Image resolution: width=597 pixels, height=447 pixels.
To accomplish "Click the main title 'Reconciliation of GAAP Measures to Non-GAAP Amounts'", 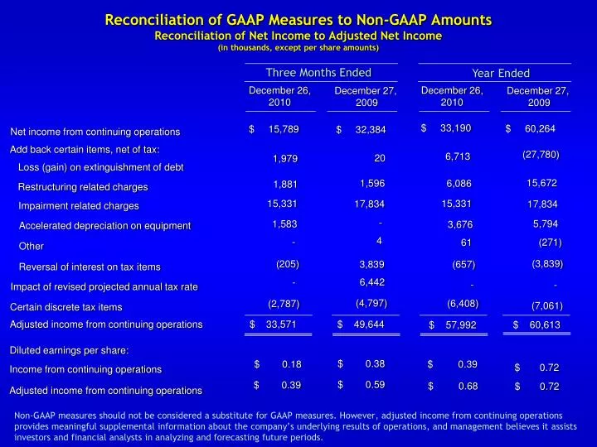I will pos(298,20).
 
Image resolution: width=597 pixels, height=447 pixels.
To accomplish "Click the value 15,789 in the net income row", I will pos(284,128).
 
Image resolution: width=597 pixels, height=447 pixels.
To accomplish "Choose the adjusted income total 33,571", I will pos(281,324).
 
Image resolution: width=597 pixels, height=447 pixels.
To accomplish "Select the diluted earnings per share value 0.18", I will pos(291,365).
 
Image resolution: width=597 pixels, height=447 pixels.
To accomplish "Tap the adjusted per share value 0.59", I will pos(376,384).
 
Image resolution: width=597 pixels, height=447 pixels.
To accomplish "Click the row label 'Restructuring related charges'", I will pos(83,187).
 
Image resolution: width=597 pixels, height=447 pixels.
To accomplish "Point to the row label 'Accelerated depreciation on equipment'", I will pos(104,226).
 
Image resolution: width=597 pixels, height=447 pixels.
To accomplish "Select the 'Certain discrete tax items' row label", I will pos(66,308).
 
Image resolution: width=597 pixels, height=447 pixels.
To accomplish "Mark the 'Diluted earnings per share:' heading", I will pos(69,350).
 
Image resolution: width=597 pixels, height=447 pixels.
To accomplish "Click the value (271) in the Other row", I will pos(550,243).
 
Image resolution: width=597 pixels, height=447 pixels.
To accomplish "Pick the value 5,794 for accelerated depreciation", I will pos(545,223).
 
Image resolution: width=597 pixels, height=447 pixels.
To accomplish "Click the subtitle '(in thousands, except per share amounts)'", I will pos(298,48).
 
